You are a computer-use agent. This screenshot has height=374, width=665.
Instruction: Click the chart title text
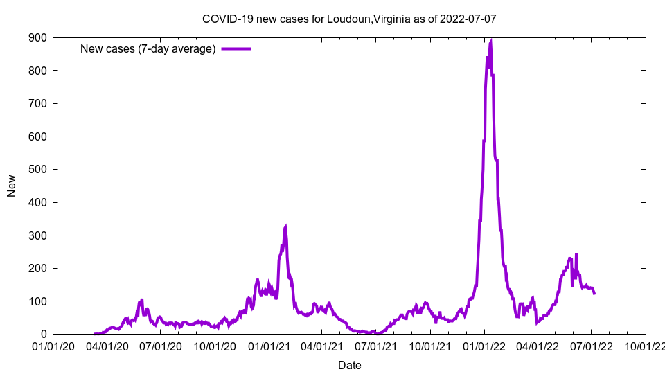pyautogui.click(x=349, y=19)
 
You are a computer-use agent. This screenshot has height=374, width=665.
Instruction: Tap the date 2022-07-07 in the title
pyautogui.click(x=468, y=19)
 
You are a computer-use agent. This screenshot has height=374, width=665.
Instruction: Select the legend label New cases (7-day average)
pyautogui.click(x=148, y=48)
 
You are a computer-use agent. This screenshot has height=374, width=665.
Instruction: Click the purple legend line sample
pyautogui.click(x=236, y=48)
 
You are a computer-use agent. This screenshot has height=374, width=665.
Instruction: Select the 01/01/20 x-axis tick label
pyautogui.click(x=53, y=346)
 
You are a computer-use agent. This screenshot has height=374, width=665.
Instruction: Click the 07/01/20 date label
pyautogui.click(x=160, y=346)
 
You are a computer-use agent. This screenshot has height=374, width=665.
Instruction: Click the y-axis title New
pyautogui.click(x=12, y=186)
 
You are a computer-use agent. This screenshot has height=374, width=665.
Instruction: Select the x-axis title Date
pyautogui.click(x=349, y=364)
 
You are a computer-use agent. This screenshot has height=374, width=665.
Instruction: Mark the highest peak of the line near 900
pyautogui.click(x=491, y=41)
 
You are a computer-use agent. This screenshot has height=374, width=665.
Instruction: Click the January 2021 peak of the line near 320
pyautogui.click(x=285, y=226)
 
